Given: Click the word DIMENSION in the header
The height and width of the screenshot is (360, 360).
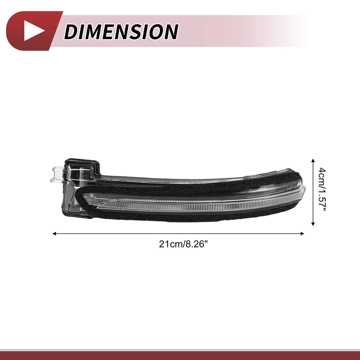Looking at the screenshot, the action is coord(121,32).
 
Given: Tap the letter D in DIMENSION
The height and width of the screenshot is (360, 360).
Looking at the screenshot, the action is coord(71,32).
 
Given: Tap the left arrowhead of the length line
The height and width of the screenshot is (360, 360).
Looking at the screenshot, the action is coord(54,234).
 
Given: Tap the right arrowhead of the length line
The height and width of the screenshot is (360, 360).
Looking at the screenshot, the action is coord(302,234).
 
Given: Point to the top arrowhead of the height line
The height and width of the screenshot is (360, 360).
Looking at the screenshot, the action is coord(313,160).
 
